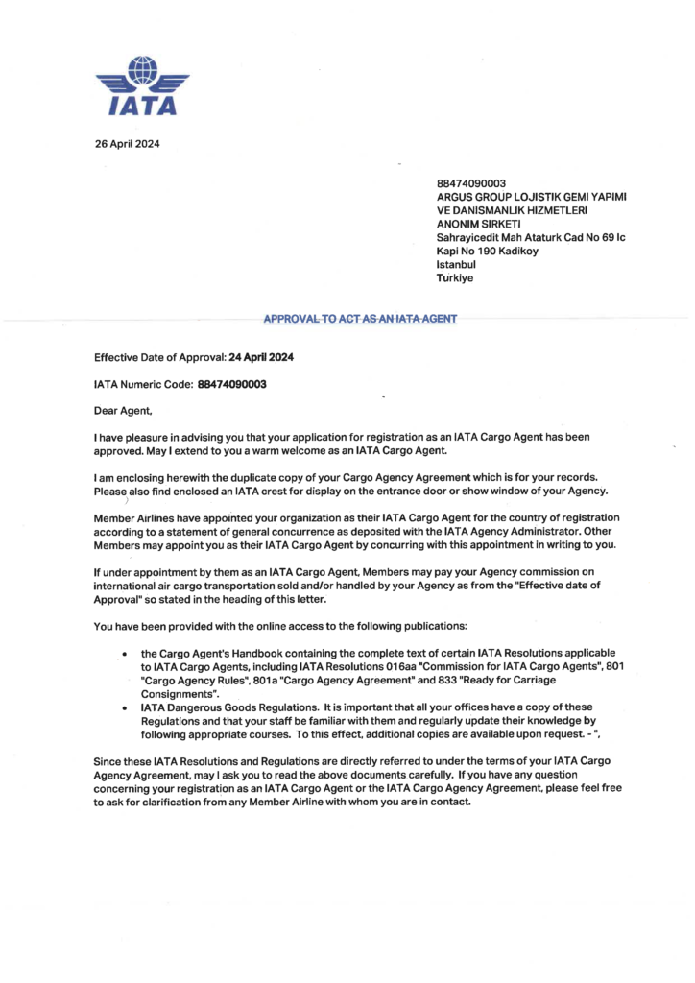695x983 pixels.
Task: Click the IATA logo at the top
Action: [143, 86]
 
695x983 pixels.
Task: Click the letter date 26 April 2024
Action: [127, 144]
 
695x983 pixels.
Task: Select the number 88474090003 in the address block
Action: [471, 183]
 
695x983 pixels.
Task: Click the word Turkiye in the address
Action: [455, 278]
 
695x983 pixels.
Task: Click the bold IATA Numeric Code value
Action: [231, 384]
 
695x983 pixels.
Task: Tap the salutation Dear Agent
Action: [124, 411]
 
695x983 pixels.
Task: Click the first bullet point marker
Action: [126, 654]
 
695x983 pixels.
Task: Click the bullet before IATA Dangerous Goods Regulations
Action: [126, 707]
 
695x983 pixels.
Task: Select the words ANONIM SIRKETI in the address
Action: [477, 225]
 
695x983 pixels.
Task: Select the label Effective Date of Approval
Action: [159, 357]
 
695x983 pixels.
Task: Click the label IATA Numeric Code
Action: [143, 384]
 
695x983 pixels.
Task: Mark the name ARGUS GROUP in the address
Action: [475, 197]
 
